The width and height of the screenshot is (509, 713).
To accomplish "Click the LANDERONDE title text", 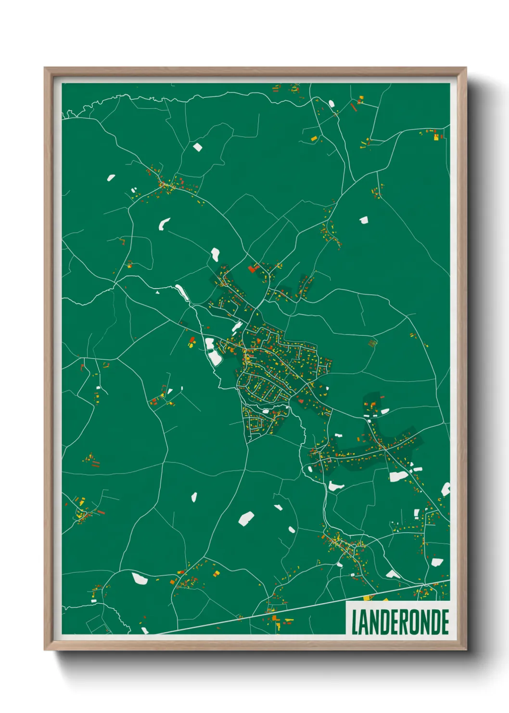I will [400, 622].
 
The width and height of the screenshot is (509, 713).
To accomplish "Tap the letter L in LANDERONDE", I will [355, 622].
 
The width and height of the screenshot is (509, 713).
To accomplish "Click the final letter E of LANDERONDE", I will [445, 622].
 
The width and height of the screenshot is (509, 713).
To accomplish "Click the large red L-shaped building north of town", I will [253, 268].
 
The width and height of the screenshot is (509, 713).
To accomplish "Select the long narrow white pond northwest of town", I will [182, 292].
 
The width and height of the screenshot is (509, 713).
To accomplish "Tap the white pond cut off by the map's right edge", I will [446, 489].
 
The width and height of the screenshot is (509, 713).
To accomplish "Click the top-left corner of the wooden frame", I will [45, 68].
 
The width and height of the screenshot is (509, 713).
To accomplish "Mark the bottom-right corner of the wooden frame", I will [466, 650].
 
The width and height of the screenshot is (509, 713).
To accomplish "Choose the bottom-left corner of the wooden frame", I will [45, 650].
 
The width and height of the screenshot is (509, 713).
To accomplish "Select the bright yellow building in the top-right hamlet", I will [436, 137].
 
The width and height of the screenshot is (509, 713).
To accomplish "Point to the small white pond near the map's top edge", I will [197, 147].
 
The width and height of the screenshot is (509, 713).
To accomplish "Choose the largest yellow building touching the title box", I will [369, 598].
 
